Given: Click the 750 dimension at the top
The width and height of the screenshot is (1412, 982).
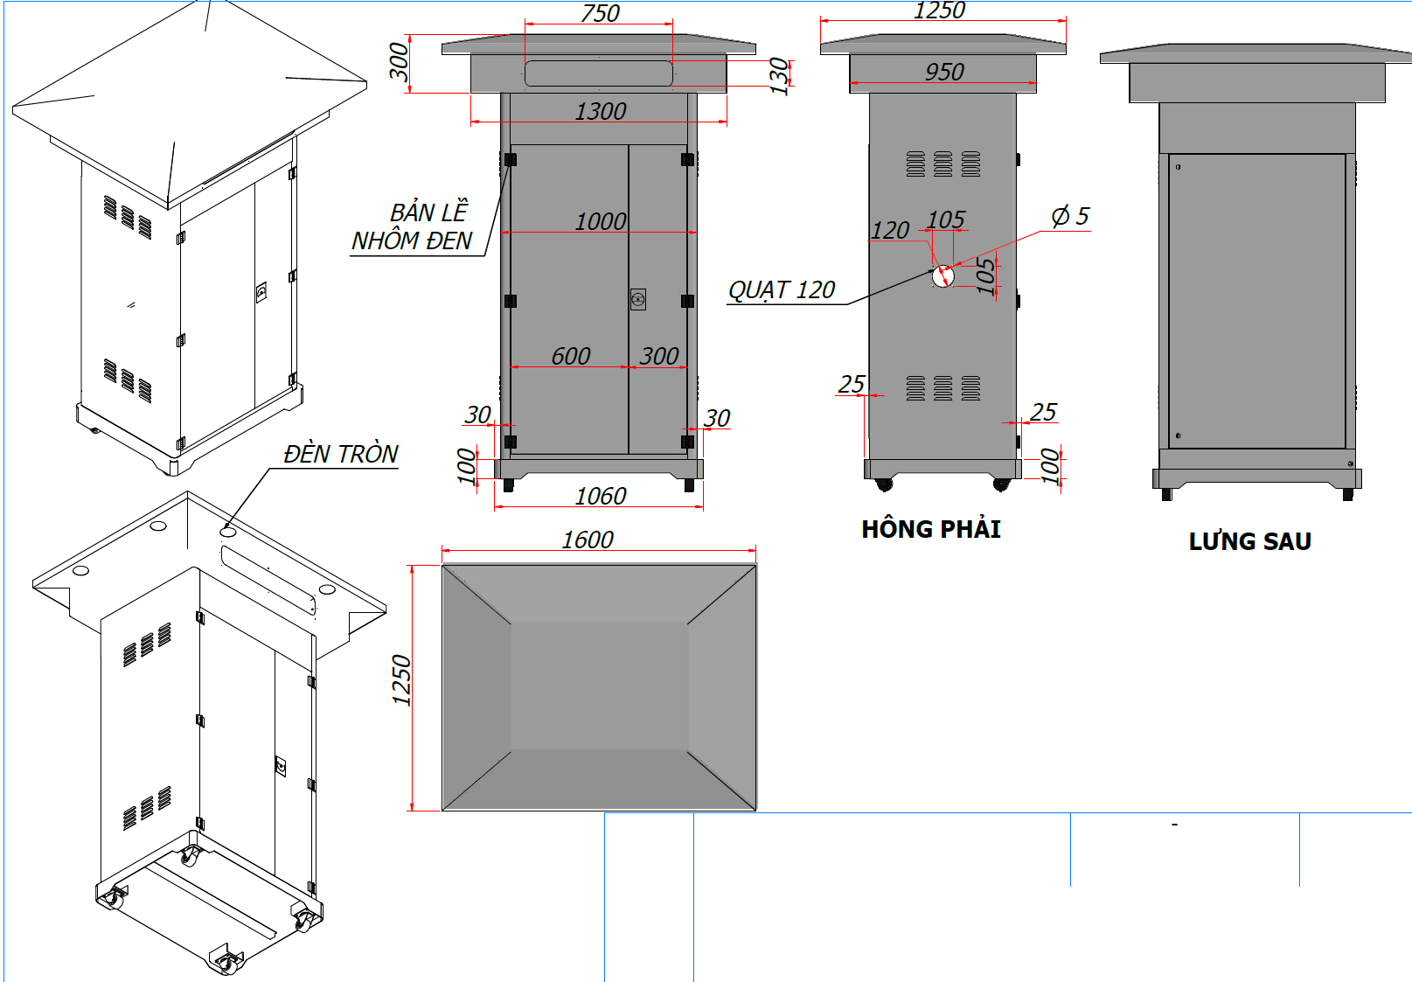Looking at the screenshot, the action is (x=600, y=13).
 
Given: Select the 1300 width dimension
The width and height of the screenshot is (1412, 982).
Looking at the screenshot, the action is (x=600, y=112).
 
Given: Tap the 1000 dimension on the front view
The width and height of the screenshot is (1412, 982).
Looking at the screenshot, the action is (x=600, y=222).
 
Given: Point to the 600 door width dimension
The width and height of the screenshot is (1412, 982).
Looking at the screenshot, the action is (x=570, y=356).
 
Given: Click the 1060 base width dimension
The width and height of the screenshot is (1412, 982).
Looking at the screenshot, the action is (x=600, y=496).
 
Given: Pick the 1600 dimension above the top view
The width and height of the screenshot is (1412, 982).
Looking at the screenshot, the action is (x=588, y=540).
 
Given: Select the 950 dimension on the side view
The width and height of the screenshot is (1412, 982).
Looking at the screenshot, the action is (x=944, y=72).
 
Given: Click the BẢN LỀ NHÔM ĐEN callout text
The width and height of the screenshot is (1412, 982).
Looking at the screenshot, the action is (x=412, y=226).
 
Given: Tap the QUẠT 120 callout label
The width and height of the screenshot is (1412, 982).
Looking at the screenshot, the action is (x=781, y=290).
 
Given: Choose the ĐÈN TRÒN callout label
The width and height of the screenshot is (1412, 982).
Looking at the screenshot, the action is (x=340, y=454).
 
